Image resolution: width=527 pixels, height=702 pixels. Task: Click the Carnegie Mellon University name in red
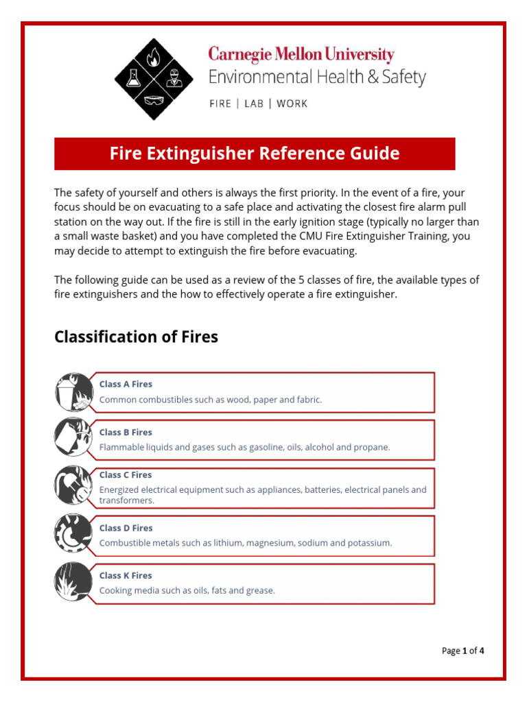[x=301, y=54]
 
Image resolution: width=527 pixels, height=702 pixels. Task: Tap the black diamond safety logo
[x=154, y=80]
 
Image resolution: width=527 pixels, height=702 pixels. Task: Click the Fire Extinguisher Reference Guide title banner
[x=255, y=154]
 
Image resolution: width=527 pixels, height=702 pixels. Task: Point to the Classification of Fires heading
[x=136, y=337]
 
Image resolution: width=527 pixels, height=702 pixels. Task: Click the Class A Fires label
[x=126, y=385]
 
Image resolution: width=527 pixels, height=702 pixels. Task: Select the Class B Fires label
[x=126, y=433]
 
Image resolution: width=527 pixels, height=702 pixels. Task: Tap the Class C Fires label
[x=126, y=475]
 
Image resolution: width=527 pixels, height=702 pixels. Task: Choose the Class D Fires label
[x=126, y=528]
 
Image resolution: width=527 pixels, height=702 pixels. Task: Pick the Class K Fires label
[x=126, y=576]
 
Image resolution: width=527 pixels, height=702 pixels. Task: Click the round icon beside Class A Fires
[x=73, y=392]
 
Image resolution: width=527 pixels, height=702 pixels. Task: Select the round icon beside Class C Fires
[x=73, y=485]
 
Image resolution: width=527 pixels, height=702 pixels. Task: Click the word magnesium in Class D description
[x=268, y=543]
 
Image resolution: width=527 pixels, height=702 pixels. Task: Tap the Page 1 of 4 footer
[x=463, y=651]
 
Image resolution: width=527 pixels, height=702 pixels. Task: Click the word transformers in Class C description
[x=126, y=500]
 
